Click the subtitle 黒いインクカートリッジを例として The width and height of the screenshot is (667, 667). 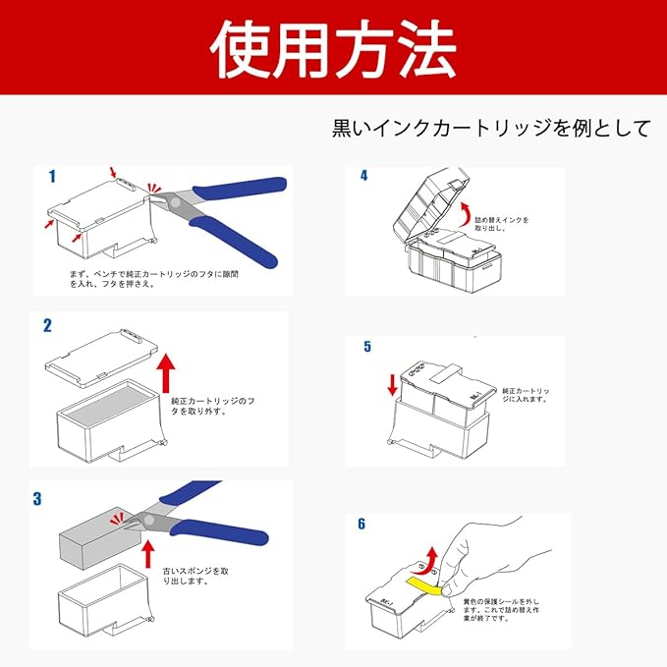click(492, 129)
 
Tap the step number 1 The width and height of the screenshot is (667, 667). click(52, 177)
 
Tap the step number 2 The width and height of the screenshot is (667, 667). click(46, 325)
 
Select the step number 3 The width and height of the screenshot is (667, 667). click(37, 498)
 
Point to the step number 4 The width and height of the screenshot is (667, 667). click(363, 176)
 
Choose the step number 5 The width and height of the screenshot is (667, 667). click(367, 347)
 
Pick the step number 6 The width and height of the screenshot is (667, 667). click(361, 524)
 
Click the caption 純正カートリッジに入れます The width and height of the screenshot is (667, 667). click(525, 394)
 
